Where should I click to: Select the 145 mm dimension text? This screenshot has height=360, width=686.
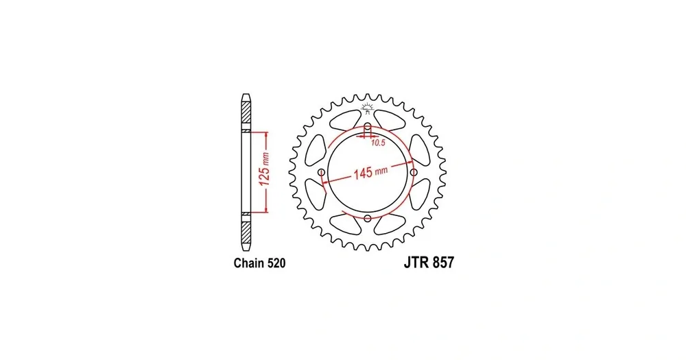(370, 172)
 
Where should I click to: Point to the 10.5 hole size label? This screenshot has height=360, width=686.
(378, 143)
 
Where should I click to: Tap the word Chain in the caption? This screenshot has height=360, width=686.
(248, 263)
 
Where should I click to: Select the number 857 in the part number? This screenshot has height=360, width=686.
(442, 263)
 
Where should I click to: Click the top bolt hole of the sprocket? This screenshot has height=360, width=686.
(368, 127)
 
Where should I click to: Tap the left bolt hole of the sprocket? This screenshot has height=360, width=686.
(322, 172)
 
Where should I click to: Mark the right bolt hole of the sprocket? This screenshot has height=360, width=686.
(414, 172)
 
